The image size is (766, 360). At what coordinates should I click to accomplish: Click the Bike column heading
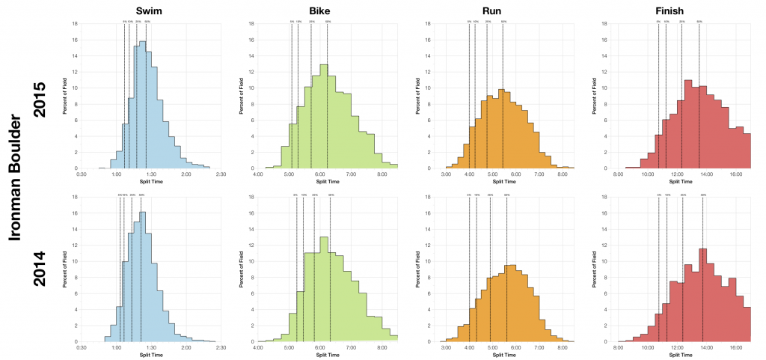(x=320, y=10)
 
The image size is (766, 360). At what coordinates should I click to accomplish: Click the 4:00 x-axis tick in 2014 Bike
(x=259, y=348)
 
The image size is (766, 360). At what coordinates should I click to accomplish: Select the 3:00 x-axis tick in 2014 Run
(x=447, y=348)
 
